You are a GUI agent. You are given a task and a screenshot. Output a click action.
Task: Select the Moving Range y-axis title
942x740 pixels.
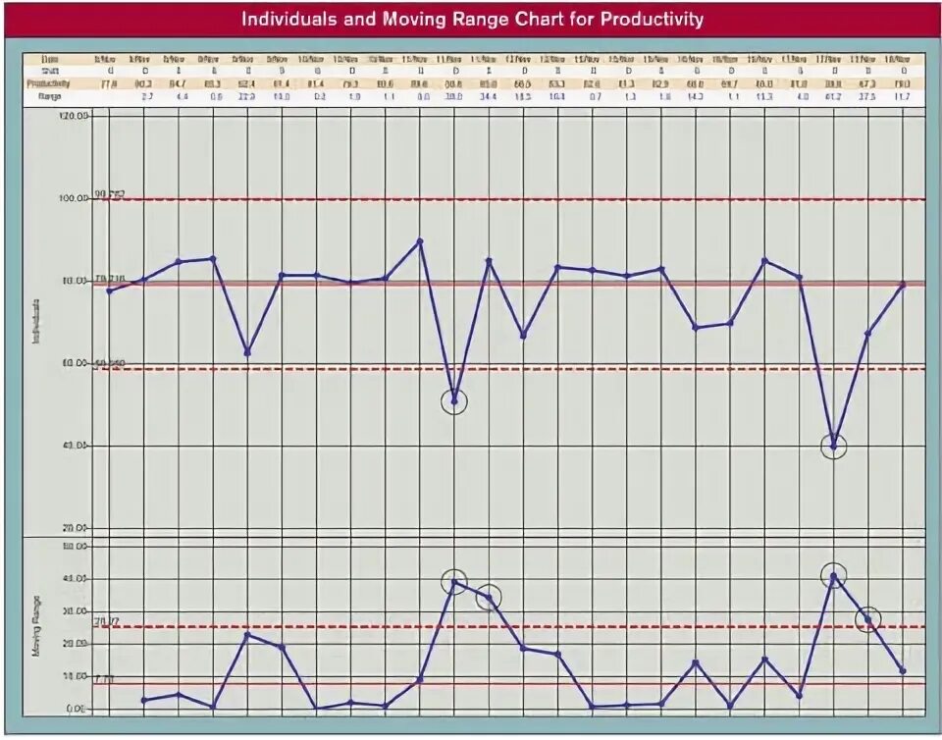36,624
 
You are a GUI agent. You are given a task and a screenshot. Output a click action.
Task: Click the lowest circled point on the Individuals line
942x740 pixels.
833,447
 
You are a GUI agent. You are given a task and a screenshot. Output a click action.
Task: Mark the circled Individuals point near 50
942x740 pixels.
454,401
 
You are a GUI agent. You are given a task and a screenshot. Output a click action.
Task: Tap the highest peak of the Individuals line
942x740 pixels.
420,240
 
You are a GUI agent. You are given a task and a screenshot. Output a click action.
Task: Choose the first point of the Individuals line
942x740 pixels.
109,291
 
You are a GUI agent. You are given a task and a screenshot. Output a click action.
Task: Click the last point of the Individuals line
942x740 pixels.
902,285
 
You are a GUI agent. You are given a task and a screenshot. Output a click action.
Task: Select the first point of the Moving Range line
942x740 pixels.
144,700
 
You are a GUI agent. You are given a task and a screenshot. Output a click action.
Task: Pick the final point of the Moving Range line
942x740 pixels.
902,670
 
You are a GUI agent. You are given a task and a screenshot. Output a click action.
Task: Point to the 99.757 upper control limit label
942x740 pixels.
109,194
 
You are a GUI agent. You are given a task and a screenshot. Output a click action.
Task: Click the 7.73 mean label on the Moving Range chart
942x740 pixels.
105,679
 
